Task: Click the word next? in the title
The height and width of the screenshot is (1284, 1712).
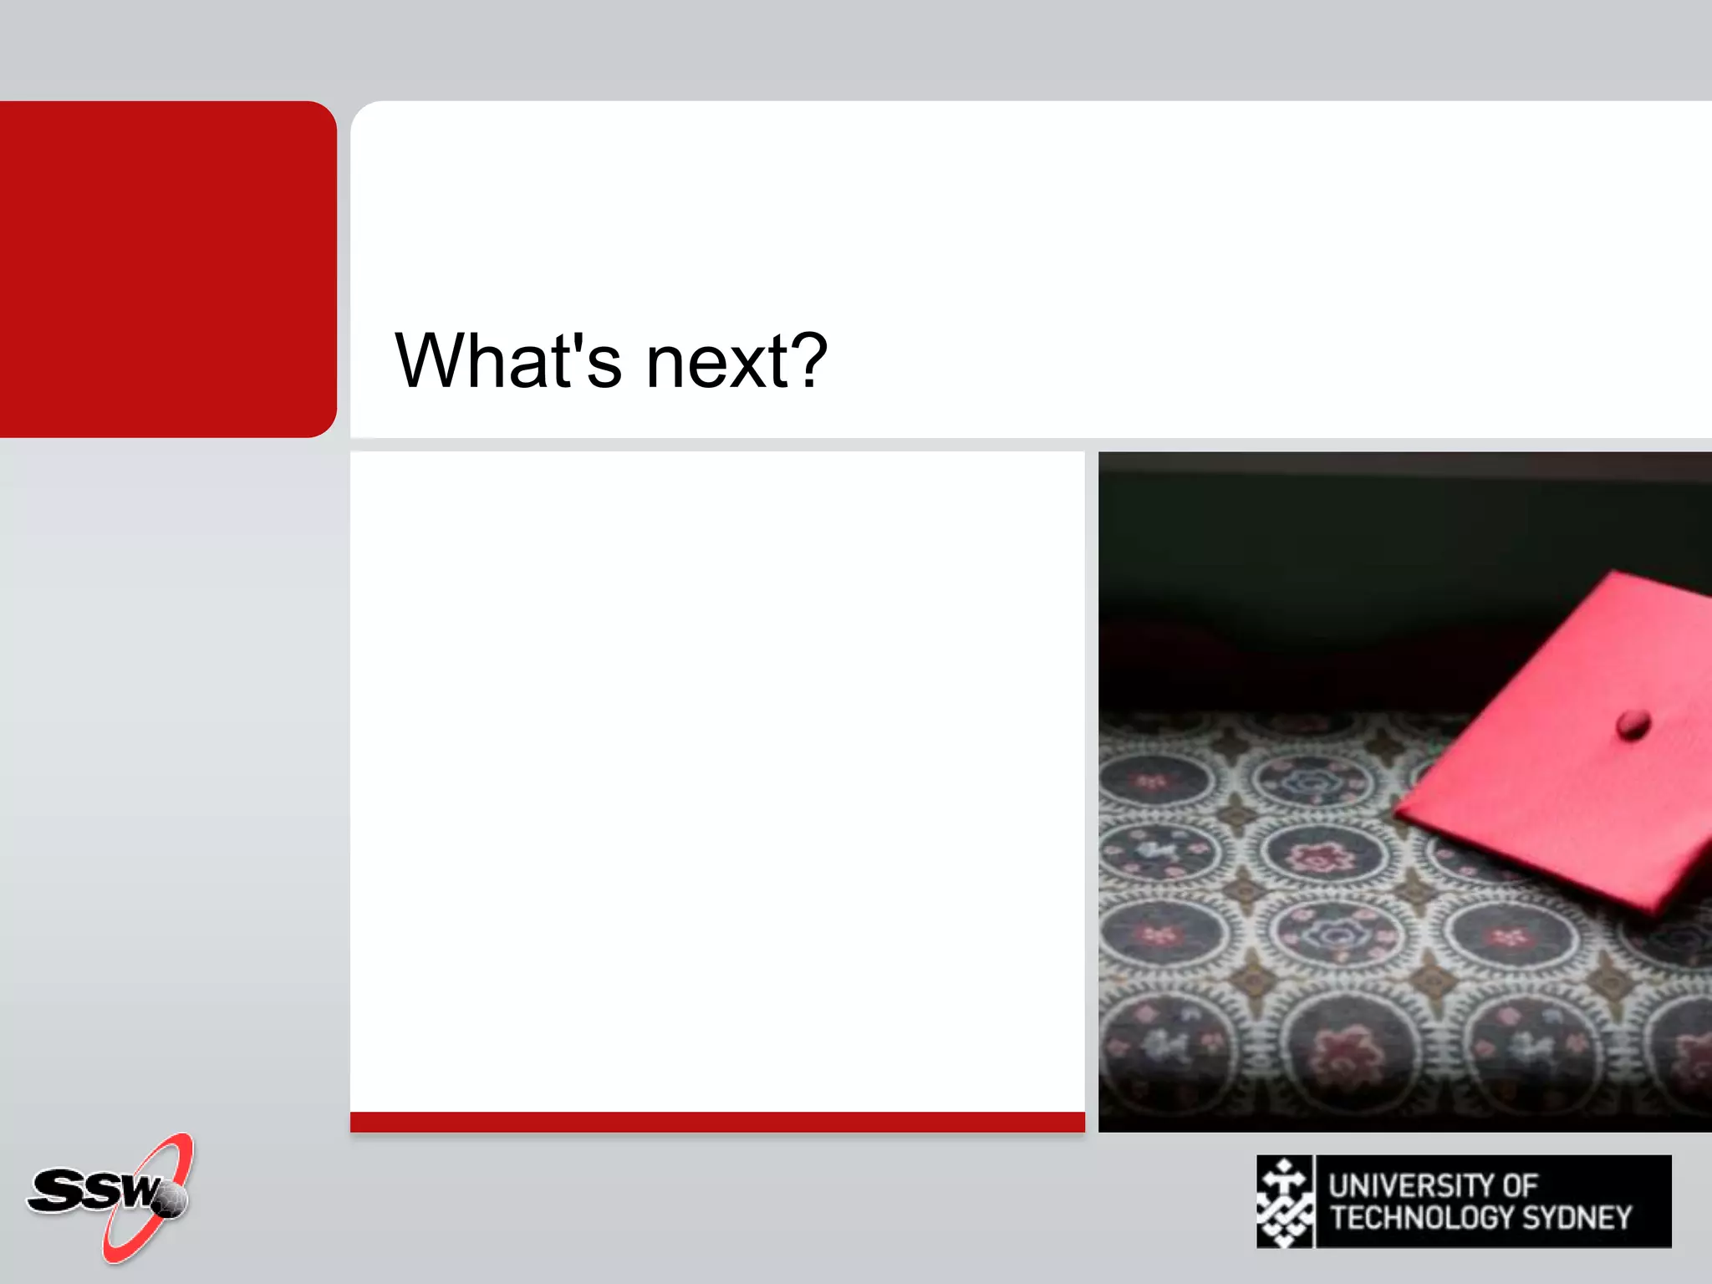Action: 736,361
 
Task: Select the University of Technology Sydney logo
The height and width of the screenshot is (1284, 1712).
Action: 1463,1201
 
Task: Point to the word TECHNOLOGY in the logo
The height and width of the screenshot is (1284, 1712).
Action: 1421,1218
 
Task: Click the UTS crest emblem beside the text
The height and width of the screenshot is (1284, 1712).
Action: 1285,1201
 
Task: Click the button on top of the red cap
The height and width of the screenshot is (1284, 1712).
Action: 1632,723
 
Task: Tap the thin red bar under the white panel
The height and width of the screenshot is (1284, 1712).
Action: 717,1122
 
